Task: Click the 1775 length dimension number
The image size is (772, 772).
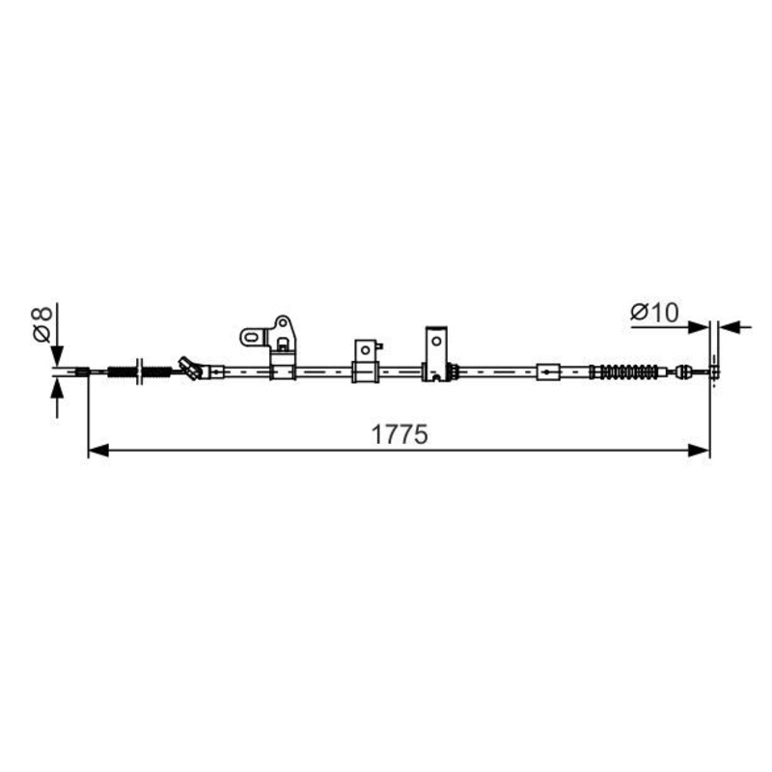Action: coord(400,435)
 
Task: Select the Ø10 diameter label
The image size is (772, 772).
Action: coord(654,312)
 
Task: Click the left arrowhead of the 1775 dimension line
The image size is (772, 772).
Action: coord(98,450)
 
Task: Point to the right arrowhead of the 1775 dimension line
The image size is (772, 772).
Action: coord(699,450)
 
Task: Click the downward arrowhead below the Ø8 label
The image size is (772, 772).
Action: coord(57,356)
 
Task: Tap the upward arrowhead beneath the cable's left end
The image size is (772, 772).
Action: coord(57,390)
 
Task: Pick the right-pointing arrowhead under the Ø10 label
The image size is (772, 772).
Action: coord(699,327)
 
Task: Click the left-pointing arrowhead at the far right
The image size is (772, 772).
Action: coord(729,327)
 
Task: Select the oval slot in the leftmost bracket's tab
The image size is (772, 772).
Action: coord(251,338)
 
